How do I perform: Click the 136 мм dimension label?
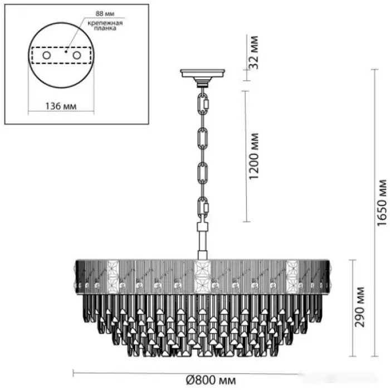[x=61, y=106]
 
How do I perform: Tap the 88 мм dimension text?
[x=105, y=13]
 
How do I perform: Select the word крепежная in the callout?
[x=105, y=23]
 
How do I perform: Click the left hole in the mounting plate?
[x=46, y=55]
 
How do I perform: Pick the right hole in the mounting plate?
[x=77, y=55]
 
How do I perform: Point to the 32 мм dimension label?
[x=253, y=52]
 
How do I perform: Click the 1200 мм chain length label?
[x=253, y=156]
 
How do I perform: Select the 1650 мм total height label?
[x=382, y=203]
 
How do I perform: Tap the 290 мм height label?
[x=359, y=307]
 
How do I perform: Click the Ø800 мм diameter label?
[x=211, y=380]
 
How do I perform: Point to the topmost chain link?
[x=204, y=103]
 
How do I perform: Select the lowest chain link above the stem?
[x=203, y=207]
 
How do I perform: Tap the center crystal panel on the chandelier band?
[x=202, y=276]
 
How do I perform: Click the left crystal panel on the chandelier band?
[x=113, y=276]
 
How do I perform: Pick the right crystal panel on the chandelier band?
[x=292, y=276]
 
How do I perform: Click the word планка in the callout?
[x=105, y=28]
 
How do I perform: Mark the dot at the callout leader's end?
[x=65, y=52]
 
